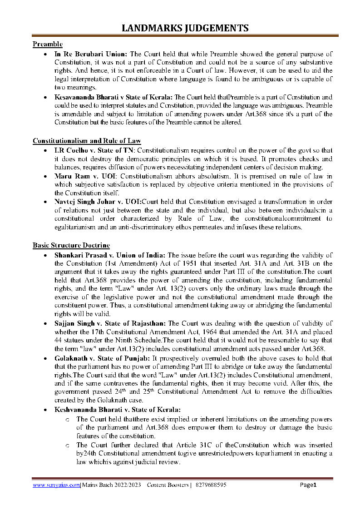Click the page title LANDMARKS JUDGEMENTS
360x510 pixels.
(185, 28)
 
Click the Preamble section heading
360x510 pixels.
(48, 44)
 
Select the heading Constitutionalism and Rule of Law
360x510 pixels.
(87, 141)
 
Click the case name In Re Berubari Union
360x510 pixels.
(91, 54)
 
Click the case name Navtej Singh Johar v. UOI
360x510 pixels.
(97, 202)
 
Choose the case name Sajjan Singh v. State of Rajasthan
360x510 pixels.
(110, 323)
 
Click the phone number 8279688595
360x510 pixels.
(211, 485)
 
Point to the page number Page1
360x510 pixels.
(308, 485)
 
